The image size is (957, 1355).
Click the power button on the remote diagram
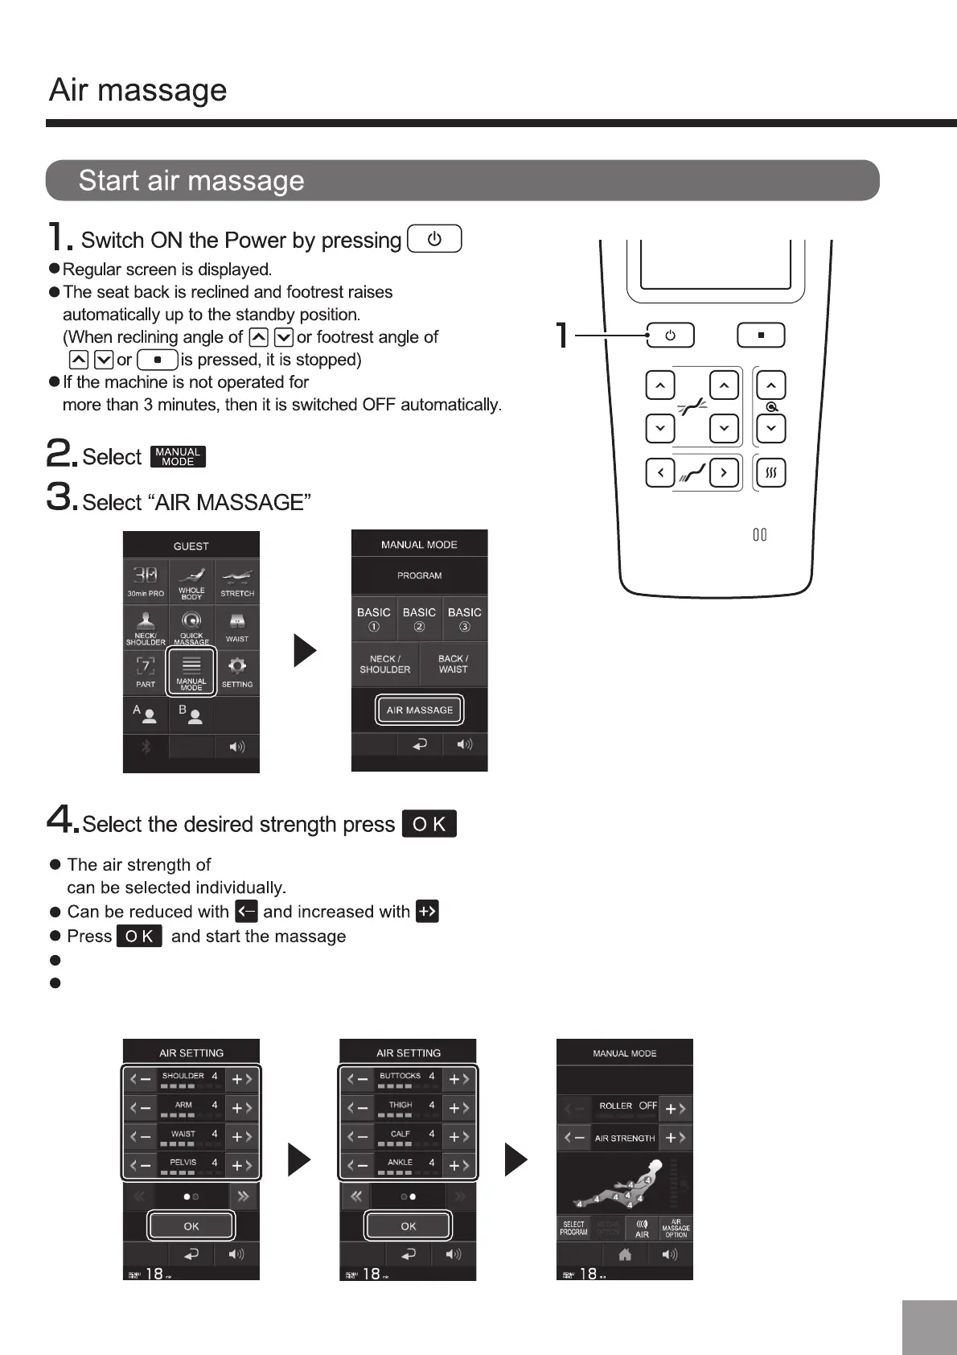click(x=670, y=336)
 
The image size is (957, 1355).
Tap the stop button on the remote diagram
click(x=761, y=336)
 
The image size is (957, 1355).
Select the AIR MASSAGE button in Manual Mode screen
click(x=419, y=710)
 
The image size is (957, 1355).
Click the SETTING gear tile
click(x=237, y=670)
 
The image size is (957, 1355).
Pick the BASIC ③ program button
click(x=465, y=619)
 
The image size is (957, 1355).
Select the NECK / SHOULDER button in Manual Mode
click(x=385, y=664)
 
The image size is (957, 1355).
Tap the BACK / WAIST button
click(x=453, y=664)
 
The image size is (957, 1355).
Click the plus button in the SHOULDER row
click(x=242, y=1080)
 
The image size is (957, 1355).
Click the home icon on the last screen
click(x=625, y=1254)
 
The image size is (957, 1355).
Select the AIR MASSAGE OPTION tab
click(x=676, y=1228)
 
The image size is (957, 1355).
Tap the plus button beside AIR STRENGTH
click(x=676, y=1138)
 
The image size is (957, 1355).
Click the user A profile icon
click(x=146, y=715)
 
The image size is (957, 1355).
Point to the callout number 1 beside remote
click(x=564, y=335)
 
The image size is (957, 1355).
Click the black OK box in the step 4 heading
click(x=429, y=824)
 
